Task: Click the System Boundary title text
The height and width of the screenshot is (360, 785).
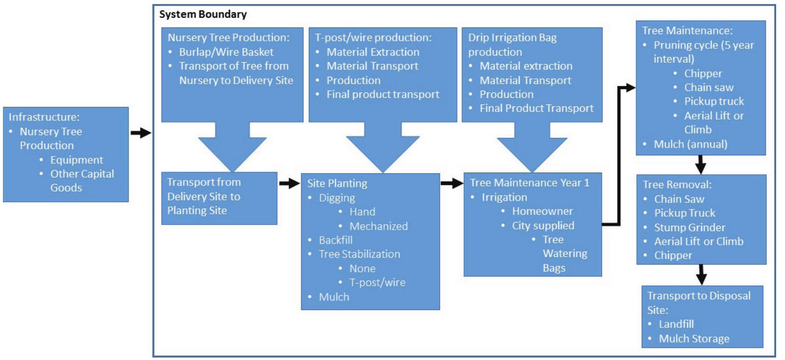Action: tap(203, 14)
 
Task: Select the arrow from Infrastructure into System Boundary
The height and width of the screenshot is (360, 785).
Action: tap(141, 133)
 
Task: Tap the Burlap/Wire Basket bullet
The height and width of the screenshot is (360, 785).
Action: tap(226, 52)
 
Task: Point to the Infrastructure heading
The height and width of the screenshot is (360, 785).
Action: tap(44, 117)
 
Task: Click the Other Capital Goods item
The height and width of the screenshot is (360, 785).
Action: tap(82, 181)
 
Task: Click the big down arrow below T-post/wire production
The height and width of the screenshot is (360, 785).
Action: tap(383, 147)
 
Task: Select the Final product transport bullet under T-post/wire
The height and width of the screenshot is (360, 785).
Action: tap(383, 95)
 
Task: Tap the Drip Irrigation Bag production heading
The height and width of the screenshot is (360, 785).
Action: tap(512, 45)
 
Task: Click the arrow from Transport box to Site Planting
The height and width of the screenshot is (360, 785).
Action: tap(289, 183)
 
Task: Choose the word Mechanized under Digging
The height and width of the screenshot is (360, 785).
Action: tap(379, 226)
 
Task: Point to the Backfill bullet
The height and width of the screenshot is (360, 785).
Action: tap(335, 240)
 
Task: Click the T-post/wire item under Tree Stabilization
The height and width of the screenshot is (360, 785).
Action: tap(377, 282)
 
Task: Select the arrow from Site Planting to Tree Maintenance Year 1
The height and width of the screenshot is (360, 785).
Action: tap(451, 183)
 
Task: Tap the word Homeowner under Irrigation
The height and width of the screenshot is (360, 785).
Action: tap(542, 211)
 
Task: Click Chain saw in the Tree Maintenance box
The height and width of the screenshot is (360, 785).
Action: tap(709, 88)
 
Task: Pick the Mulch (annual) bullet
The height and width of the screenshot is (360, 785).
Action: tap(690, 144)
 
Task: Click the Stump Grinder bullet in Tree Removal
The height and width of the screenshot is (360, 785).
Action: tap(689, 227)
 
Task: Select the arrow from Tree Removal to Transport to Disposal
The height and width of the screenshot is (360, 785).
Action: tap(701, 275)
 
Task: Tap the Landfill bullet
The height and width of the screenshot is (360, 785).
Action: tap(676, 324)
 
